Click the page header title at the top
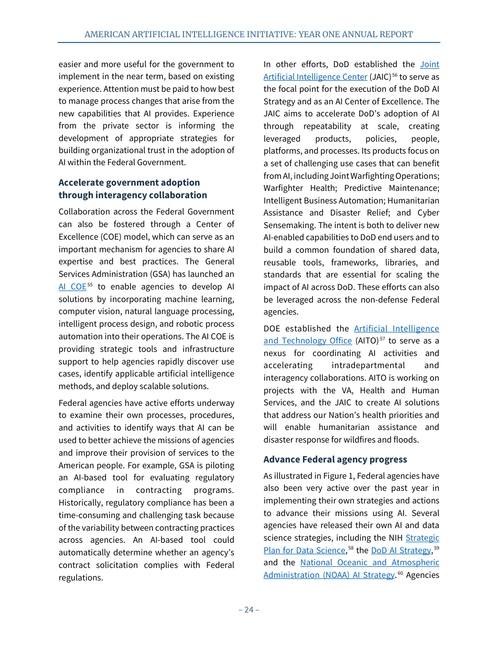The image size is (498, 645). click(x=248, y=35)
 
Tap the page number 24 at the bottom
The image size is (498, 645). click(x=248, y=609)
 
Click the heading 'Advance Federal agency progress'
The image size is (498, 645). click(x=335, y=459)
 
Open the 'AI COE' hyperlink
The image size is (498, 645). click(x=72, y=286)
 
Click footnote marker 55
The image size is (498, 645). click(x=90, y=285)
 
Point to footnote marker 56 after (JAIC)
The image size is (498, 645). click(x=395, y=75)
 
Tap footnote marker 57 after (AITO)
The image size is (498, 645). click(x=383, y=339)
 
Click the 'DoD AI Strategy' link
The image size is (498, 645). click(x=401, y=550)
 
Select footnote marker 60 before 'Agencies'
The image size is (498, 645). click(x=400, y=573)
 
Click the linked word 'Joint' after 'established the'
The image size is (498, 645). click(x=429, y=64)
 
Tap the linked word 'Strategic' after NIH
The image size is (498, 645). click(x=423, y=537)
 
